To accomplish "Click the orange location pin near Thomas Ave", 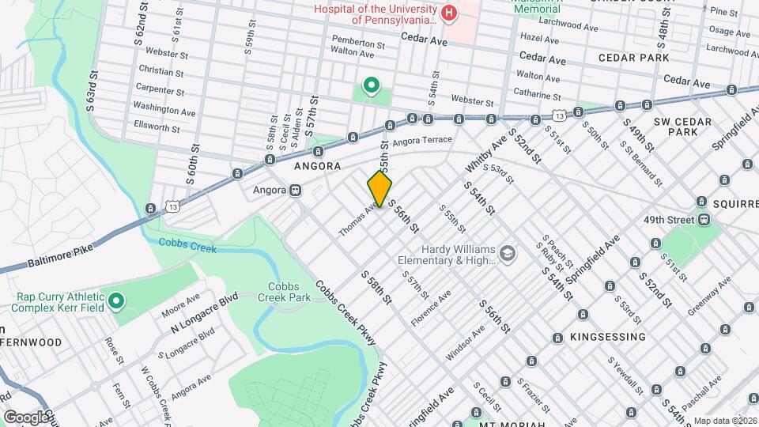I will coord(379,189).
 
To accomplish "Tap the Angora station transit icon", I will coord(295,190).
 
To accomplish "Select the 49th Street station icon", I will coord(704,220).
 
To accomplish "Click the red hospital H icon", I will coord(449,13).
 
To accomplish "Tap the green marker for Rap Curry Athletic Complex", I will coord(115,300).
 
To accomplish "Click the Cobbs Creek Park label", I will coord(281,292).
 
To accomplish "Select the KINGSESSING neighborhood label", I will coord(607,337).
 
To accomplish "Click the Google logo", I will coord(25,416).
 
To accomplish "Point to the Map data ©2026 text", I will coord(724,421).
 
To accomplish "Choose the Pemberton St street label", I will coord(357,39).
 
